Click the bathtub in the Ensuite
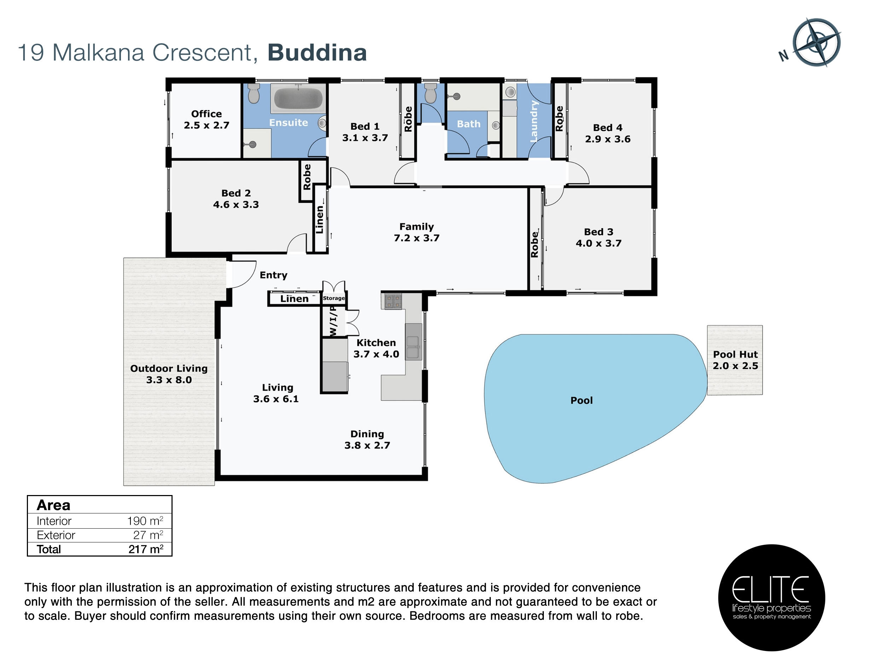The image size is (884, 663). [x=298, y=98]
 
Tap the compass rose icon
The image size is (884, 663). [x=816, y=42]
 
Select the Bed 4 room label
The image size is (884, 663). [x=607, y=128]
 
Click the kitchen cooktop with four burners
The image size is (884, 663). [x=393, y=301]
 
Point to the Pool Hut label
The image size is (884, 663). [x=735, y=354]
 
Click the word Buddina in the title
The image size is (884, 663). [x=317, y=52]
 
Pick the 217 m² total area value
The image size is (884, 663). [x=146, y=549]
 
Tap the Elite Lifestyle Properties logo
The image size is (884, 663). [x=771, y=598]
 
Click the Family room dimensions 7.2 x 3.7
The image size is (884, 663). [x=417, y=238]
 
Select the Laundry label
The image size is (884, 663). [x=534, y=121]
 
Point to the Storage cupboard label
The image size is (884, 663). [x=334, y=298]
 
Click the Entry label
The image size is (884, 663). [x=273, y=275]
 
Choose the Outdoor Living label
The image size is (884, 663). [x=169, y=368]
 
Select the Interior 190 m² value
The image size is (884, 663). [x=145, y=521]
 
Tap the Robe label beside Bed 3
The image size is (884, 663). [x=534, y=244]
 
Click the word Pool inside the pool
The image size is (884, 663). [x=581, y=400]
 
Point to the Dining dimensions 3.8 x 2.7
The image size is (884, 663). [x=367, y=445]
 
